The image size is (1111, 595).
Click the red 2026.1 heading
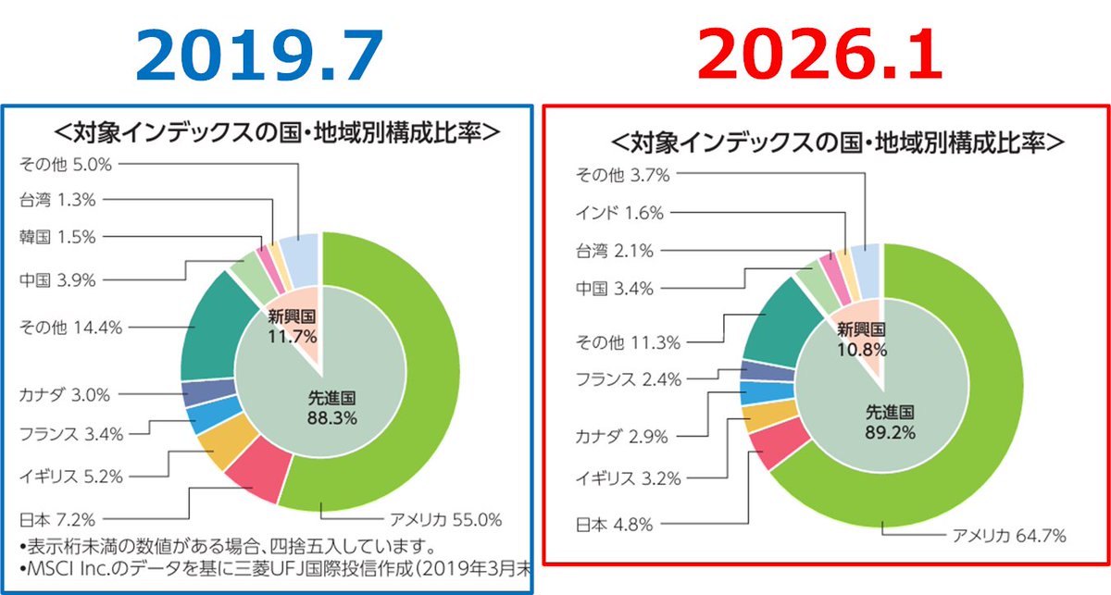click(x=817, y=56)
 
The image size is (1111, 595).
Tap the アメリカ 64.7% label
click(x=1010, y=535)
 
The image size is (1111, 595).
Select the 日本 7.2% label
click(x=57, y=517)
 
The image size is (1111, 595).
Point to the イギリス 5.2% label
click(x=70, y=477)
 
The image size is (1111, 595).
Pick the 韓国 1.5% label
click(x=57, y=237)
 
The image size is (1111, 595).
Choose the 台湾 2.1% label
click(x=615, y=250)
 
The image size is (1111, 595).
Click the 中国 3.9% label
click(x=57, y=279)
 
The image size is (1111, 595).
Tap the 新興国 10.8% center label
click(x=862, y=340)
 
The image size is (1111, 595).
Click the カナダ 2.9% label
click(x=622, y=436)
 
